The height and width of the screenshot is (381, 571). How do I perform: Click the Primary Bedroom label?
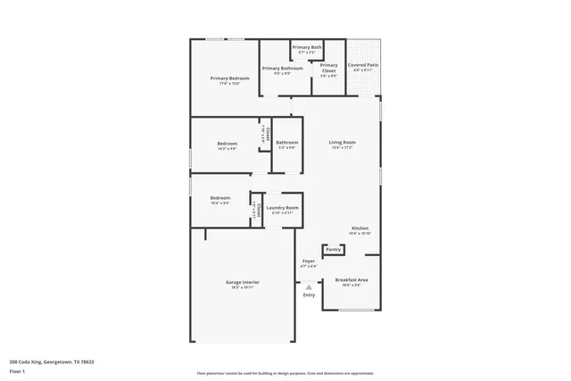pos(229,79)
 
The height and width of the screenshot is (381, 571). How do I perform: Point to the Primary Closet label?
pos(328,68)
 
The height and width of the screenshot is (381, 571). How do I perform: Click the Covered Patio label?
pos(363,65)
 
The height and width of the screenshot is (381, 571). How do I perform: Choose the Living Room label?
pos(343,142)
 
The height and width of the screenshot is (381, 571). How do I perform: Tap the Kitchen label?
pos(360,228)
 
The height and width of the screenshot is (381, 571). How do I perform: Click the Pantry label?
pos(333,250)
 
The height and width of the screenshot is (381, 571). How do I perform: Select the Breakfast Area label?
pos(352,280)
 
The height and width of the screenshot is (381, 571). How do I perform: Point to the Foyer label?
pos(308,261)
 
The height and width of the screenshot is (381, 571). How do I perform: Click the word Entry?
pos(309,295)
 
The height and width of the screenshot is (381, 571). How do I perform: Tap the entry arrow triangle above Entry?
pos(309,286)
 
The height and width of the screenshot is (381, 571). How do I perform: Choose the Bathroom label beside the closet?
pos(286,143)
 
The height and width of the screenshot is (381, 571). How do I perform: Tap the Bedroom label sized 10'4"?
pos(219,198)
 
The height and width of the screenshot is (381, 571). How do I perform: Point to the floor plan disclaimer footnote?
pos(285,373)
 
